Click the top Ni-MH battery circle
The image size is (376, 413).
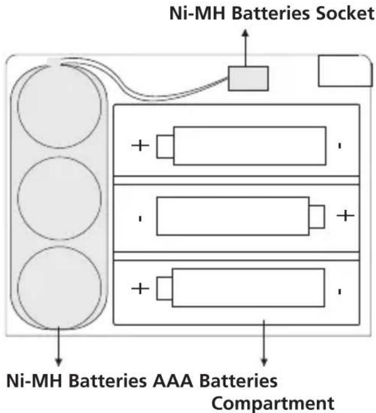59,106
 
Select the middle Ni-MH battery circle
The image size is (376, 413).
59,197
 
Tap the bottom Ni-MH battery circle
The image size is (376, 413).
59,287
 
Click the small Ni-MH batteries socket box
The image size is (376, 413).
248,78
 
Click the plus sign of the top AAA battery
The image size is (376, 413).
140,146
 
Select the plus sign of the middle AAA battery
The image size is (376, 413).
345,216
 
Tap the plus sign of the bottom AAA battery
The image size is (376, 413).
140,288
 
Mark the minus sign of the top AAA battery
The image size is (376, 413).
340,146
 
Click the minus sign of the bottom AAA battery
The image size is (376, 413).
340,291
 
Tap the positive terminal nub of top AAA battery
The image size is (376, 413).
164,146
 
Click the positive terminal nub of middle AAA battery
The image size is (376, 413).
317,216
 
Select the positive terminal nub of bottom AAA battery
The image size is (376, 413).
164,288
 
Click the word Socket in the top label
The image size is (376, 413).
340,13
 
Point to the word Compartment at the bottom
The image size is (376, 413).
271,403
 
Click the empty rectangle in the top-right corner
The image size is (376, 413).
345,71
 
